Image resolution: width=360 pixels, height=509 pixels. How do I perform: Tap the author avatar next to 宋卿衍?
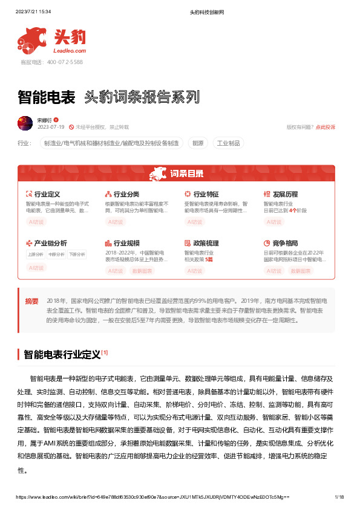point(25,123)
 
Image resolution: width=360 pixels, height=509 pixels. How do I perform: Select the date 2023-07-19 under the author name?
point(51,127)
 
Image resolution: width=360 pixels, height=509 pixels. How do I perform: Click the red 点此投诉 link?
point(326,127)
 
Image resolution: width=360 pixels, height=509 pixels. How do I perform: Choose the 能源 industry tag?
point(198,143)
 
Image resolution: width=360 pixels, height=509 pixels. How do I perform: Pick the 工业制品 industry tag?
point(229,143)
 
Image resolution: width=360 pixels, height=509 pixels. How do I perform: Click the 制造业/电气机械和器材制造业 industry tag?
point(111,143)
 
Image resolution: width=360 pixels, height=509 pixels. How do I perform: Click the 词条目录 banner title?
point(186,174)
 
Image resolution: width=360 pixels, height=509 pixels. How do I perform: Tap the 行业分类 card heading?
point(126,194)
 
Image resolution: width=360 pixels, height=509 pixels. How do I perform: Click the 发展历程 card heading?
point(285,194)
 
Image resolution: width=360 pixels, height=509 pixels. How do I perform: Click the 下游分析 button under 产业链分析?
point(77,254)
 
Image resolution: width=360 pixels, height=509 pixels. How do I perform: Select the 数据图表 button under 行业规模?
point(142,271)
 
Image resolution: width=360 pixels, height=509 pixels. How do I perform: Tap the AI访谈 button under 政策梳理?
point(195,271)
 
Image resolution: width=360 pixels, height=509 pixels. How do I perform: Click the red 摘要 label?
point(31,300)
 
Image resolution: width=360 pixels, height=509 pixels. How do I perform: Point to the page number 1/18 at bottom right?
point(339,497)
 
